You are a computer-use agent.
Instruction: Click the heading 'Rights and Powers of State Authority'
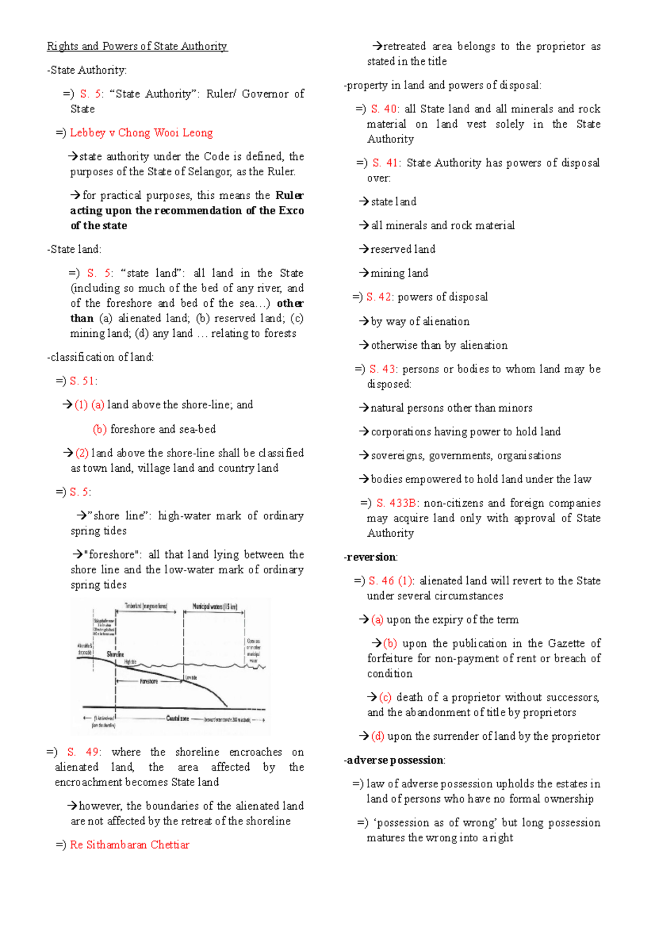137,46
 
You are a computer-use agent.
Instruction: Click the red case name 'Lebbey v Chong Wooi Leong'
141,133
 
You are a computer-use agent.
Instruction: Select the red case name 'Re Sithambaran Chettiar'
129,845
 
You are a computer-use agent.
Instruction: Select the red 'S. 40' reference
385,109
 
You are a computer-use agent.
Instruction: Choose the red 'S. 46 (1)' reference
391,581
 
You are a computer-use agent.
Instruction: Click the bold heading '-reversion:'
371,557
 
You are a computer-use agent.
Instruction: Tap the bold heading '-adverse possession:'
395,760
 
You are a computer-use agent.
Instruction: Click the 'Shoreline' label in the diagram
115,653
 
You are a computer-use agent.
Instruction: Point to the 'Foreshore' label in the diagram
149,681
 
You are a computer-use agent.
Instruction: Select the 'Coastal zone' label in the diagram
177,718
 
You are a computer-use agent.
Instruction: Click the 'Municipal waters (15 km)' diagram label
215,606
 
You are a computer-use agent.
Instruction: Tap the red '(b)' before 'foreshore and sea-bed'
100,429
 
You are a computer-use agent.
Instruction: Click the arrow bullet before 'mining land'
364,272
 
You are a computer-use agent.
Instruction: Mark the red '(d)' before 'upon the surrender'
377,736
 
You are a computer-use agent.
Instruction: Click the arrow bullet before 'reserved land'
364,249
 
